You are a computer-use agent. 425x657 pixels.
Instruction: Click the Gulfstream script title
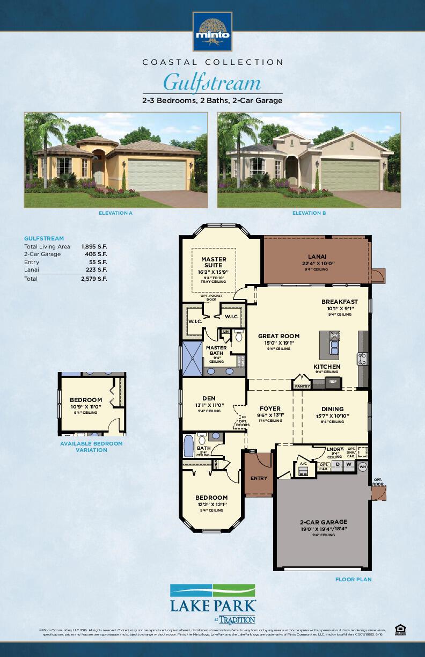[212, 83]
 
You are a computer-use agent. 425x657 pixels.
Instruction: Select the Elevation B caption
[309, 213]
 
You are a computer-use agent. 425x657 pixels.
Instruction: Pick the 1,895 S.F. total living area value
[94, 246]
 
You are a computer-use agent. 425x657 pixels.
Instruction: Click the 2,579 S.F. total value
[94, 279]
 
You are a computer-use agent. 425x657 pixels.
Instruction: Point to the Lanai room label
[317, 257]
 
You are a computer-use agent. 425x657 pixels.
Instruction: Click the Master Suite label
[214, 262]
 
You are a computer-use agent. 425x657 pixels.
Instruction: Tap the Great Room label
[279, 336]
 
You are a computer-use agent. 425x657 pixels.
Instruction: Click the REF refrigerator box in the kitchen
[333, 382]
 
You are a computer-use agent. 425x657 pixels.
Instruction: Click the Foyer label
[269, 408]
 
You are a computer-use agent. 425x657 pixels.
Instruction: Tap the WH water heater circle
[362, 466]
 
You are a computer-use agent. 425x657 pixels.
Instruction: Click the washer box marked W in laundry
[349, 464]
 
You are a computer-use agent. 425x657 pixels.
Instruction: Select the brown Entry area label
[259, 478]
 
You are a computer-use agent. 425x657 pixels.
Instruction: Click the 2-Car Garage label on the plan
[323, 522]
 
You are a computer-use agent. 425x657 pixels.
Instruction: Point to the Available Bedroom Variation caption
[91, 447]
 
